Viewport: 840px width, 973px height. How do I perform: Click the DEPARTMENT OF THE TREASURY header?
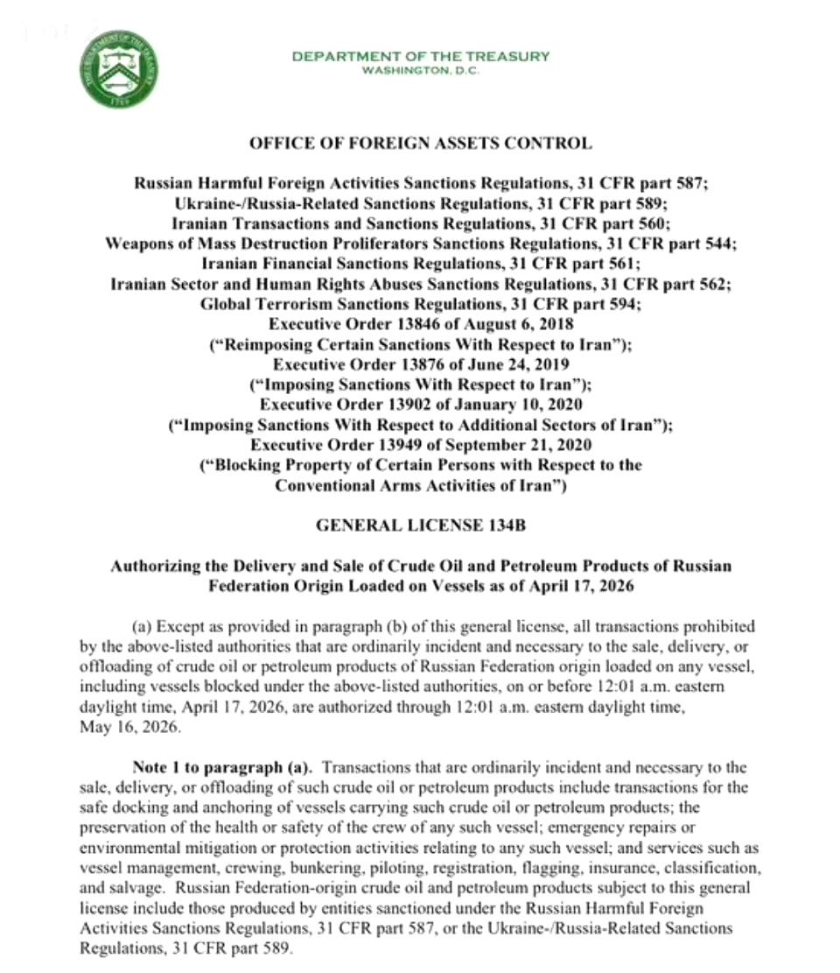[420, 56]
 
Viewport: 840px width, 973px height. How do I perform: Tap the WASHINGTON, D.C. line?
[420, 71]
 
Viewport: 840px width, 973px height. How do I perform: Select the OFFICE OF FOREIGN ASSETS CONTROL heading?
[420, 143]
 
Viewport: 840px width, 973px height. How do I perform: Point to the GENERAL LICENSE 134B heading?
[420, 526]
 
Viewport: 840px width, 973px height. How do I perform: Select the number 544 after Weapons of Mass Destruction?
[718, 243]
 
